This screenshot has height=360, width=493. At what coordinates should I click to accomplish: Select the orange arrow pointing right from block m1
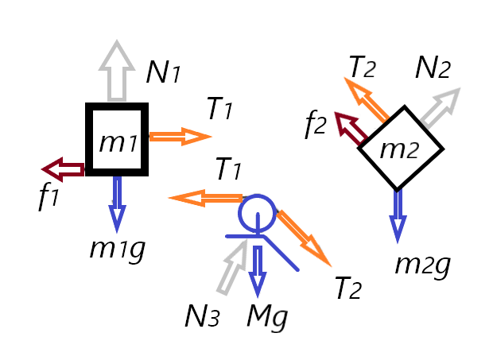click(x=179, y=137)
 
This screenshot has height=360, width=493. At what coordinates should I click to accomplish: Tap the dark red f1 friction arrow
click(x=63, y=168)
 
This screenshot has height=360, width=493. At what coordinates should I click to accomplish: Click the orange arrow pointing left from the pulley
click(x=206, y=198)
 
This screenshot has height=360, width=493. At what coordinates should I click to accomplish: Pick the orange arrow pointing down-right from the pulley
click(x=303, y=238)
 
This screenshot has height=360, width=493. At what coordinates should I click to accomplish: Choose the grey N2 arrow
click(x=440, y=108)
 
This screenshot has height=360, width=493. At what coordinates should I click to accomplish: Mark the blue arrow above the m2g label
click(x=398, y=215)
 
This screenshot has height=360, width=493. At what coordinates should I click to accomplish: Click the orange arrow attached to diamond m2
click(x=369, y=99)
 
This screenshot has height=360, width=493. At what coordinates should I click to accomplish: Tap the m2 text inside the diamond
click(x=398, y=147)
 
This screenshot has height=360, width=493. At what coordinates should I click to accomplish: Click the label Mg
click(x=266, y=317)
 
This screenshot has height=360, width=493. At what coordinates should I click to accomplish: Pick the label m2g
click(x=422, y=263)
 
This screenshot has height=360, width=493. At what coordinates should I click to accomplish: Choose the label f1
click(x=49, y=195)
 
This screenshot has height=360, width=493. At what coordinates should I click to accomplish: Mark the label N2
click(x=433, y=70)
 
